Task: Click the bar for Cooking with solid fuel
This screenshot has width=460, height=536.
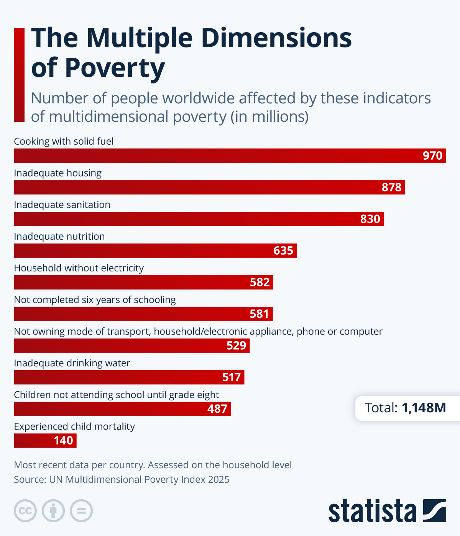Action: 230,156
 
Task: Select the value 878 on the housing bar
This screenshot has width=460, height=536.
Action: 391,187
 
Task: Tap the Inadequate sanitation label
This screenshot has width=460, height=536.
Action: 62,205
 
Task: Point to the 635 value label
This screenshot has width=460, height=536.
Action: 283,251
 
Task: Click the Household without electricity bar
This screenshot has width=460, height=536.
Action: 143,283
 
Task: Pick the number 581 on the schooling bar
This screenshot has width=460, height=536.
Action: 259,314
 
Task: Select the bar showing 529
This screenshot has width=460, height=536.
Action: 132,346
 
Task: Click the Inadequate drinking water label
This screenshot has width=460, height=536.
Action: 72,363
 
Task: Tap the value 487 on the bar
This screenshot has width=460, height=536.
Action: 217,409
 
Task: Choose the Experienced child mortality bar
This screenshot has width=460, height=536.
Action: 45,441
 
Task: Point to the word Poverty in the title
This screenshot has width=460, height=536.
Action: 115,68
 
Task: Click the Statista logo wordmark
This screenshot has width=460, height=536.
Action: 372,511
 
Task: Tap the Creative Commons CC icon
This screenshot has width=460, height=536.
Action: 25,511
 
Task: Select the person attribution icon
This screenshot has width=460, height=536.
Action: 53,511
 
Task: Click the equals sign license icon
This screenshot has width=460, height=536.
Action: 81,511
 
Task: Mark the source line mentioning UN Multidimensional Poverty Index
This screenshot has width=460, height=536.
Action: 122,480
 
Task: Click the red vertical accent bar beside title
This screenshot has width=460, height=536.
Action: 19,75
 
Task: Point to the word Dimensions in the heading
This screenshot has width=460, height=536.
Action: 276,38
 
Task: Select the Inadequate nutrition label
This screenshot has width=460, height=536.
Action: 59,237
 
